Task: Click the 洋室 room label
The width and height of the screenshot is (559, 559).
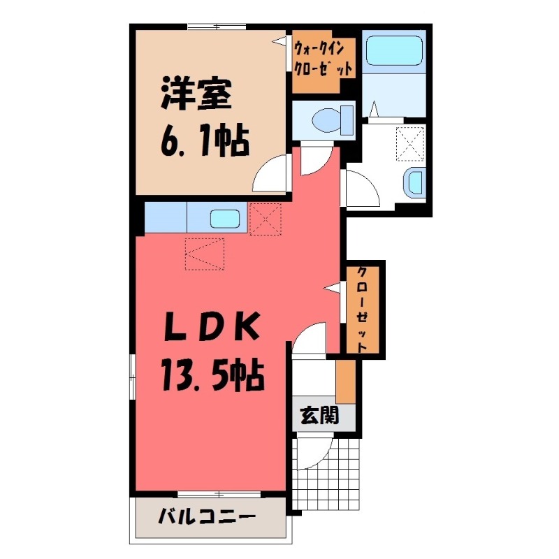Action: [x=196, y=96]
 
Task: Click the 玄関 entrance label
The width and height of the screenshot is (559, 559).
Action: [x=319, y=416]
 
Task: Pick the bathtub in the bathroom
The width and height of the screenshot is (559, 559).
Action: [x=395, y=50]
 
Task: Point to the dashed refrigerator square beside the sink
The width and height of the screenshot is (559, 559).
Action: [x=265, y=219]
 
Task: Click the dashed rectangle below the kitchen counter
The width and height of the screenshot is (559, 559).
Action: [x=204, y=254]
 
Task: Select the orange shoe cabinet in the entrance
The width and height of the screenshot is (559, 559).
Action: [x=345, y=380]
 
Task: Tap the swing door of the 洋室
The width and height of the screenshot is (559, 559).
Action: [x=273, y=175]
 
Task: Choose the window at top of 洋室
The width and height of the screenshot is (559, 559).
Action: [x=217, y=27]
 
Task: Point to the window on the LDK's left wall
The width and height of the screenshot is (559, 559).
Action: [x=132, y=377]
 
